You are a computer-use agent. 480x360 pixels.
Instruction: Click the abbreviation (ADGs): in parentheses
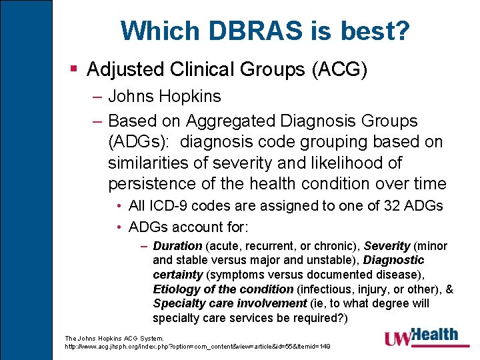pos(139,142)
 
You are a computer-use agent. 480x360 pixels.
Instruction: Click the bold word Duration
pos(177,246)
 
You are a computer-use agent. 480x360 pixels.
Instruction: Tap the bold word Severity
pos(387,246)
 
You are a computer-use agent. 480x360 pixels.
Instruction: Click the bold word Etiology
pos(175,289)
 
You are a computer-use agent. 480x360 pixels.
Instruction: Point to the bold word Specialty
pos(177,303)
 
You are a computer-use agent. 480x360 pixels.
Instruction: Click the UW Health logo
pos(421,337)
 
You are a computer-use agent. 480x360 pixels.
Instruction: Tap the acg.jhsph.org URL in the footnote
pos(197,347)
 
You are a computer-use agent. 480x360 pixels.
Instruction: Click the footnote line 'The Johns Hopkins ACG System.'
pos(114,339)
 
